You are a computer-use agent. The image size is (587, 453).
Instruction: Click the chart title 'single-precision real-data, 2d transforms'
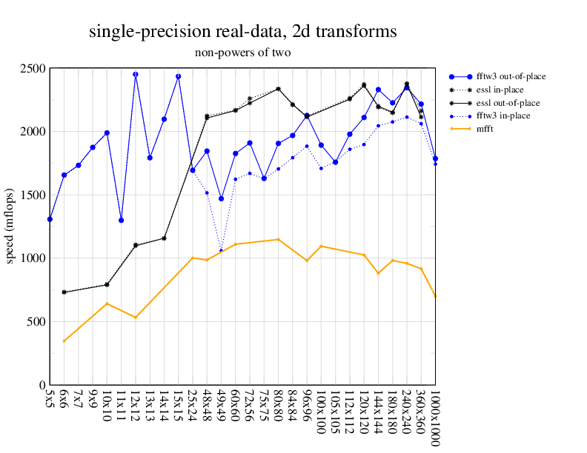point(242,32)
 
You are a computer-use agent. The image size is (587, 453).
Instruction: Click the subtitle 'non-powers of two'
point(242,53)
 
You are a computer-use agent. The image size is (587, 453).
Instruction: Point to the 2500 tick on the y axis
point(33,69)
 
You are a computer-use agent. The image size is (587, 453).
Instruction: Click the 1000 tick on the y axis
point(33,258)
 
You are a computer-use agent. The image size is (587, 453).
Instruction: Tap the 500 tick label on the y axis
point(36,322)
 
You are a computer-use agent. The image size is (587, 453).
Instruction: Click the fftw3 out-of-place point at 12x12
point(136,75)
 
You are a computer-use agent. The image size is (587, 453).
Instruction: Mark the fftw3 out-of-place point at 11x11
point(122,220)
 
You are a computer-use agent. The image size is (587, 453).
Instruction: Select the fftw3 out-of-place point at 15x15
point(179,76)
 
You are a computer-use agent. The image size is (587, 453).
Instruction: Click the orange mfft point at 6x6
point(64,341)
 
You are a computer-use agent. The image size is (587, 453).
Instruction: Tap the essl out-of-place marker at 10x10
point(107,284)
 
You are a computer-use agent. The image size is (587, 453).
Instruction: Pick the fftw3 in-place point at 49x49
point(221,250)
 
